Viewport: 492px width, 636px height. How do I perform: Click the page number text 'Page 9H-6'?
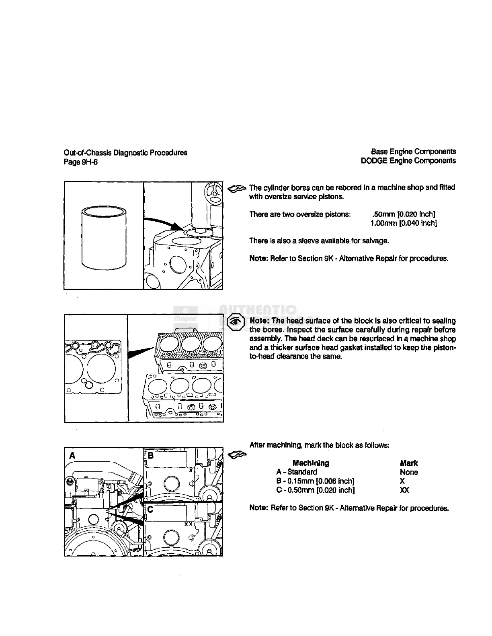pos(80,162)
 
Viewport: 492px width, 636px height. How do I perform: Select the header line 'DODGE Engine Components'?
pos(408,161)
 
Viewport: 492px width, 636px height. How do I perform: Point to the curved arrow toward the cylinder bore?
pos(161,222)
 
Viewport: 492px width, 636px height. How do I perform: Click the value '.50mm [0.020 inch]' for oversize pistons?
pos(404,214)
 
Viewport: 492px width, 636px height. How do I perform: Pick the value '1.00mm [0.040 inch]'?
pos(404,223)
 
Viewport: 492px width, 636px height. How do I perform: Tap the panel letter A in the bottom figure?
pos(72,455)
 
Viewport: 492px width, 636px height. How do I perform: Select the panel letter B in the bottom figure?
pos(151,455)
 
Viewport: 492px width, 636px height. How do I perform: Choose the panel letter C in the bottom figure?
pos(150,510)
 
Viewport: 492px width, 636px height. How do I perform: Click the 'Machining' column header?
pos(311,463)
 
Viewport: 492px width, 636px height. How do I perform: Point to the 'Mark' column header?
pos(409,463)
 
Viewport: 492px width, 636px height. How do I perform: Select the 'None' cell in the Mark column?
pos(409,472)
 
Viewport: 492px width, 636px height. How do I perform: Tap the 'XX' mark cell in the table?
pos(404,490)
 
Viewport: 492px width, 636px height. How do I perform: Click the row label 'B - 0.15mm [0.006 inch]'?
pos(315,481)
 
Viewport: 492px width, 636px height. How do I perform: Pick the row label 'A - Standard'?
pos(297,472)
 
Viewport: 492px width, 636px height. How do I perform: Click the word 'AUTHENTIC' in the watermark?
pos(258,310)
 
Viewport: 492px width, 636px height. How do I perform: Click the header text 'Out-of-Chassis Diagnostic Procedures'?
pos(125,153)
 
